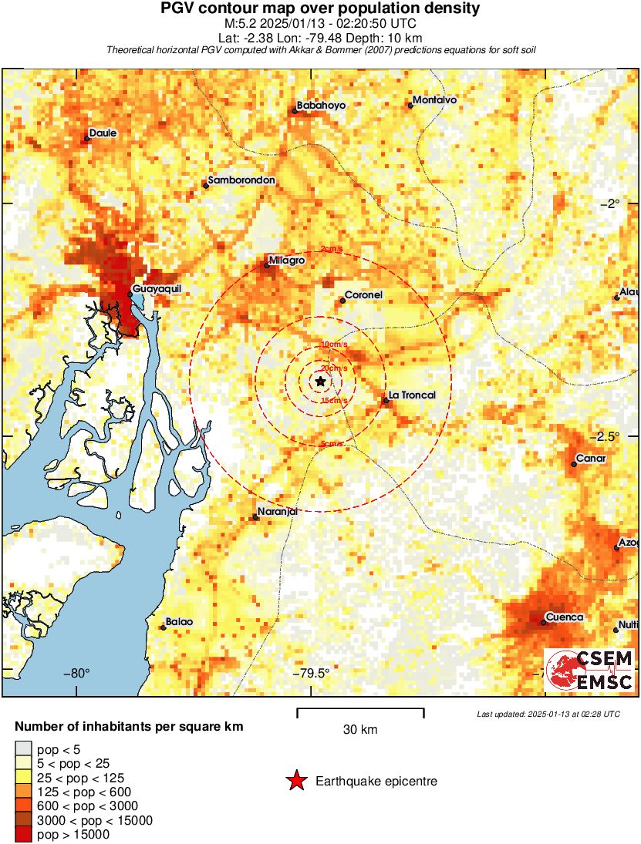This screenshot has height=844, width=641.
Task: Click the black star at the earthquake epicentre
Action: point(320,381)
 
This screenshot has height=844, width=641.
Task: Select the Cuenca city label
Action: point(564,617)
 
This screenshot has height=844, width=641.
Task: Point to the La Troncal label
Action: point(412,395)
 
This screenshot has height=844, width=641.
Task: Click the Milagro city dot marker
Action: point(267,266)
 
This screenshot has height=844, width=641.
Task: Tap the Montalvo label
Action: point(435,100)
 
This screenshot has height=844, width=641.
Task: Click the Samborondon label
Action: point(241,180)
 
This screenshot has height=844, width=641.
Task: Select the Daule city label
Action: point(103,133)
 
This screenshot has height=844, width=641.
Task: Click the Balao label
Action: point(179,621)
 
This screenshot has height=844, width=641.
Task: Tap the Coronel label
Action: point(364,294)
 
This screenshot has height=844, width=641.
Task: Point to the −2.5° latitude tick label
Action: point(613,435)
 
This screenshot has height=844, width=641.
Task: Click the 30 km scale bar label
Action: point(360,729)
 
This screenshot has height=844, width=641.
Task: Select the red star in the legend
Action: point(295,781)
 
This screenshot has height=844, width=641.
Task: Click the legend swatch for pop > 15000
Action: point(24,834)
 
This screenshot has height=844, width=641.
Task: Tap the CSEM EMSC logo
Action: point(589,670)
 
